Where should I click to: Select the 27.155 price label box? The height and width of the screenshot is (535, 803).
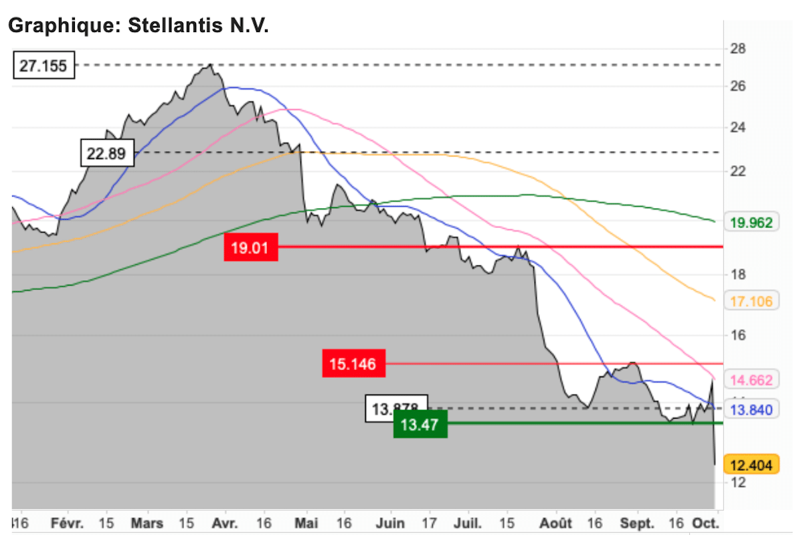[x=44, y=66]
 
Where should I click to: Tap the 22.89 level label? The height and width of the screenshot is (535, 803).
[x=107, y=153]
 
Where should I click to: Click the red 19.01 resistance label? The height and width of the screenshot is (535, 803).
[x=250, y=248]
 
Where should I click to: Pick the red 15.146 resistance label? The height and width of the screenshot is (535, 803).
[x=353, y=364]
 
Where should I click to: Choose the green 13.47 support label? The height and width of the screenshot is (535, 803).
[x=420, y=424]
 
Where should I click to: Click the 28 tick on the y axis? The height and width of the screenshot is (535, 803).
[x=738, y=49]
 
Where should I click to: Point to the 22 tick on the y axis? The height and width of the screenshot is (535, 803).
[x=738, y=172]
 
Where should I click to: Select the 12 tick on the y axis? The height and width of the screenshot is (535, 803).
[x=738, y=482]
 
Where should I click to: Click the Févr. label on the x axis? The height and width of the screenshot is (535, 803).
[x=68, y=523]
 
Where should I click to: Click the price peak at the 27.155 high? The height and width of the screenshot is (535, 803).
[x=210, y=66]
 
